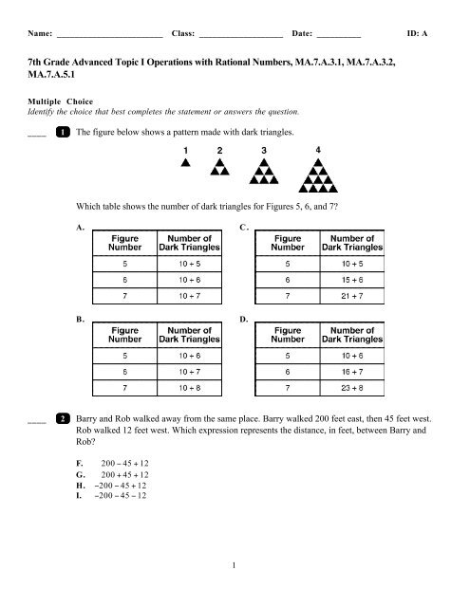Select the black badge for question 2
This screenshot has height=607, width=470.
click(62, 443)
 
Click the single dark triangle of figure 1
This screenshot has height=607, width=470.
click(186, 162)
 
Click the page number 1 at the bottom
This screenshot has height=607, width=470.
click(235, 593)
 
